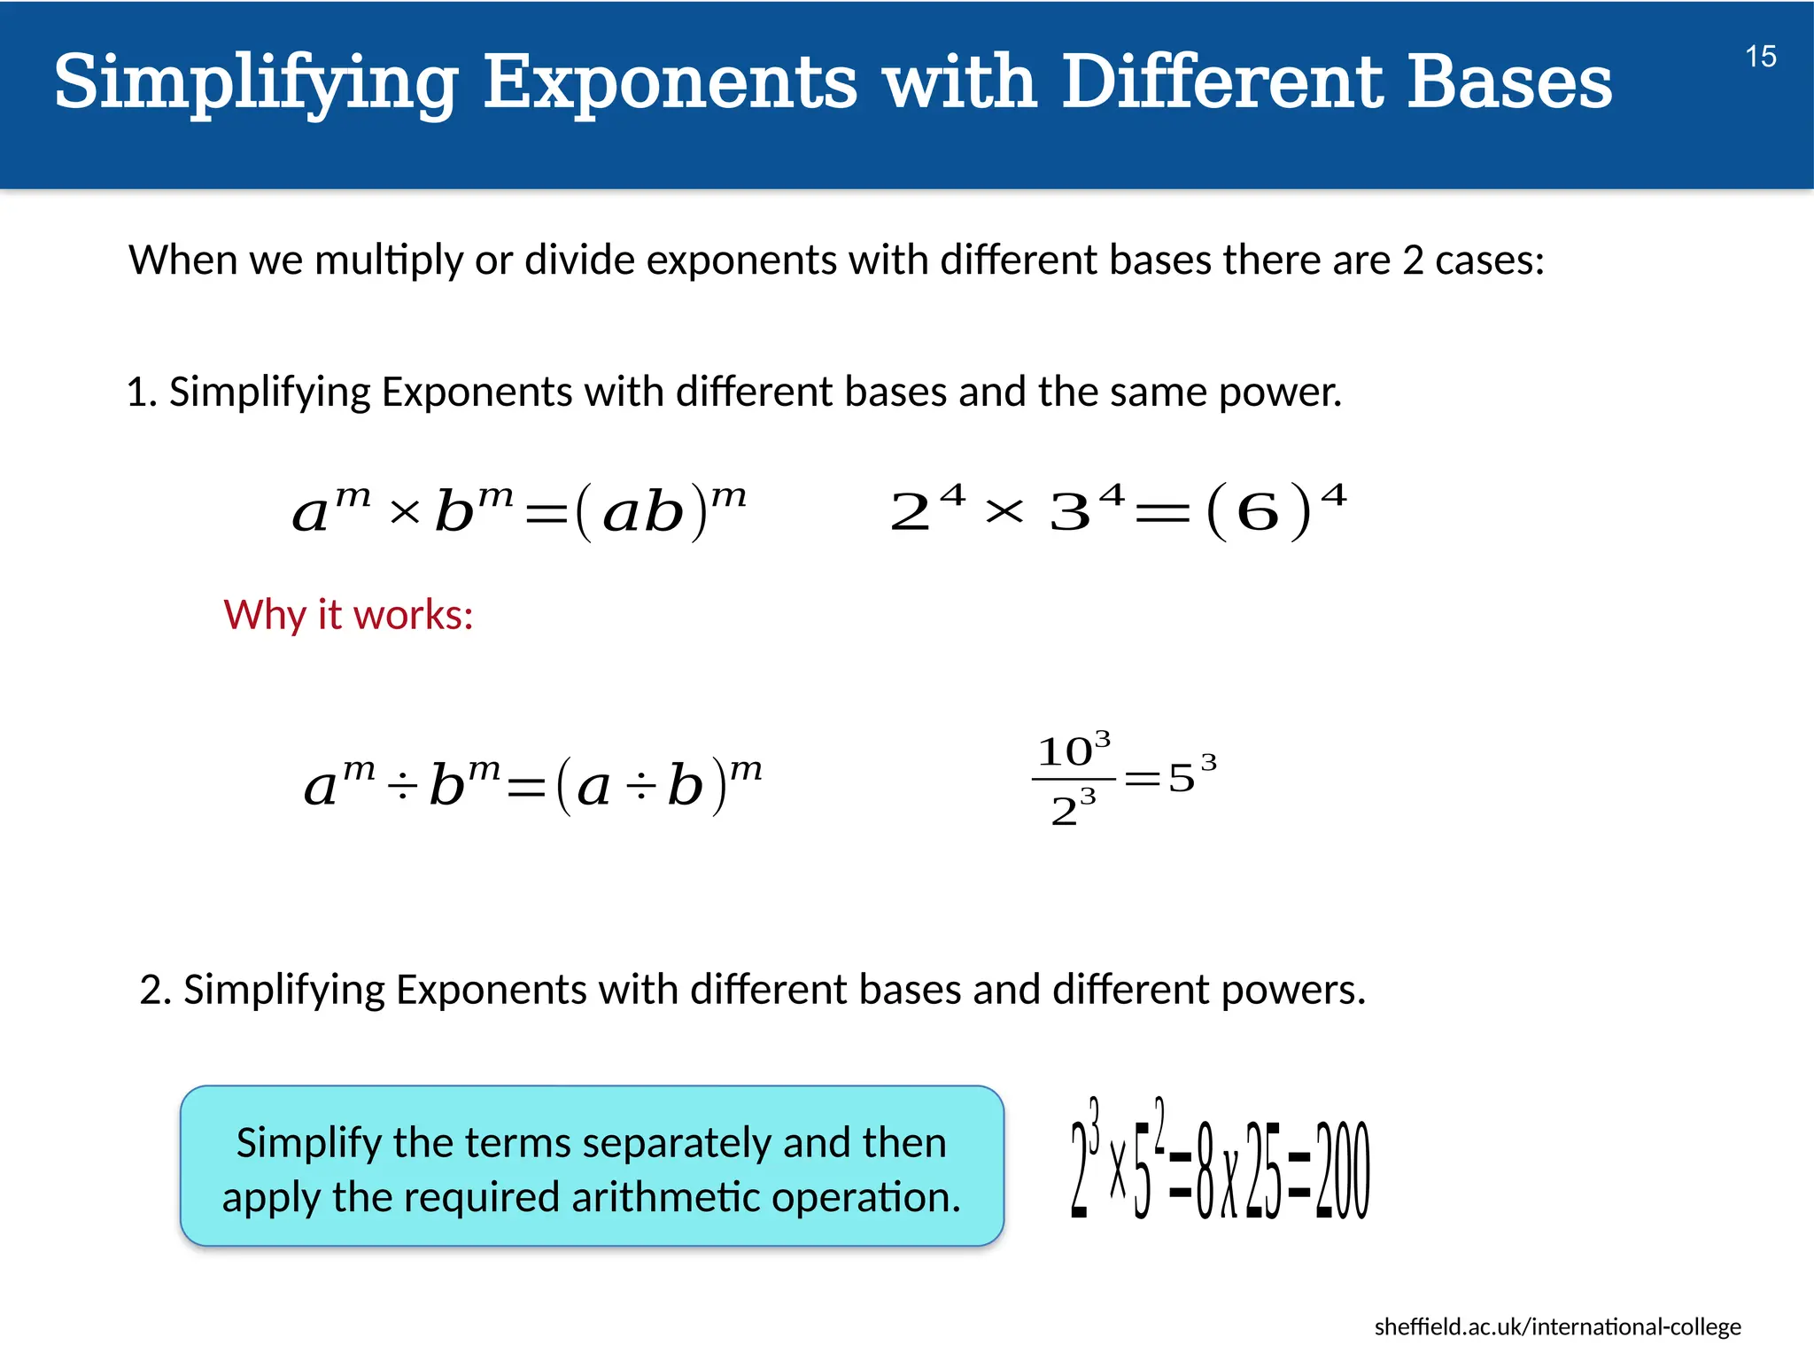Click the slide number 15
1760,57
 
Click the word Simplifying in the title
256,82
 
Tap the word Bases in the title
1509,82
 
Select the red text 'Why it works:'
348,614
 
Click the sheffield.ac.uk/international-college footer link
1557,1326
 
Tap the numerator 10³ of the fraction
1073,750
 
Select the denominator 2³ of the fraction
1073,808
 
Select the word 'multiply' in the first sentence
389,261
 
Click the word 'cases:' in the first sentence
1489,261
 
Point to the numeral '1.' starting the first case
141,393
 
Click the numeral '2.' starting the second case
155,990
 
